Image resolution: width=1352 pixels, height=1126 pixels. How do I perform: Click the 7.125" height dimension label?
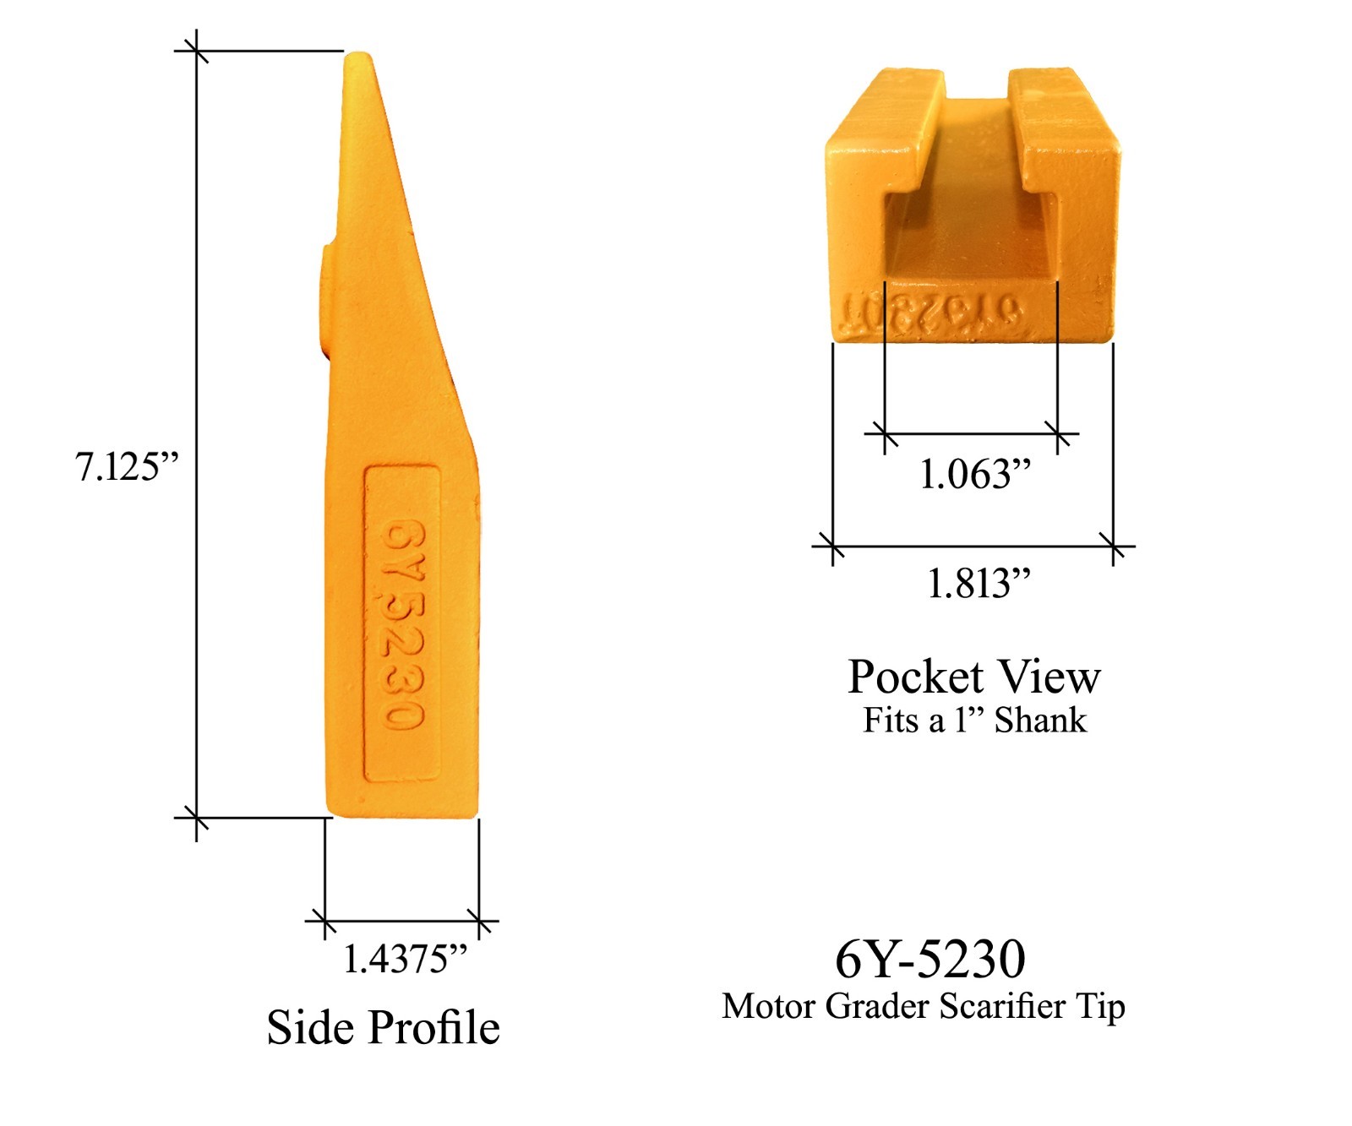[127, 466]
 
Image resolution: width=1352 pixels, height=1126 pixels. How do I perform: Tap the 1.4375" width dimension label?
[405, 959]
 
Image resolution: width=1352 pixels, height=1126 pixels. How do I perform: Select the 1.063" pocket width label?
[975, 474]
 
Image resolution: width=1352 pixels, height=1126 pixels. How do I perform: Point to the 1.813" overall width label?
[979, 584]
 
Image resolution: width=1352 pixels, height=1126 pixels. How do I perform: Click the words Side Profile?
[383, 1027]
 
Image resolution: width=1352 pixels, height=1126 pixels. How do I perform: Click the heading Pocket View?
[974, 677]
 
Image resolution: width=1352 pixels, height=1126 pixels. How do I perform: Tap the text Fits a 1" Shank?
[974, 721]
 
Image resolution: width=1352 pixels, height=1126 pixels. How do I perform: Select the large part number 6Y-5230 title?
[930, 959]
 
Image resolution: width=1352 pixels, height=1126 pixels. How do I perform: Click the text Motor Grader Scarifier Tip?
[923, 1006]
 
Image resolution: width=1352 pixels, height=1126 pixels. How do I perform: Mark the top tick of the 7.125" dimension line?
[196, 52]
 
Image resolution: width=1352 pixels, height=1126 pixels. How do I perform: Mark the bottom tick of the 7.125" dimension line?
[196, 818]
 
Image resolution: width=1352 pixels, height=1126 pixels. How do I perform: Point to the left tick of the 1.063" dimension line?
[885, 434]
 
